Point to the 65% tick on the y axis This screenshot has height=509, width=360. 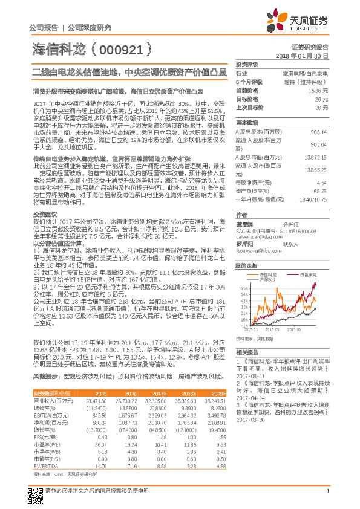pyautogui.click(x=243, y=288)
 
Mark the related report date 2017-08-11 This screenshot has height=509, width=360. pyautogui.click(x=249, y=374)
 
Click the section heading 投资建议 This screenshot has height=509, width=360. pyautogui.click(x=45, y=215)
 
